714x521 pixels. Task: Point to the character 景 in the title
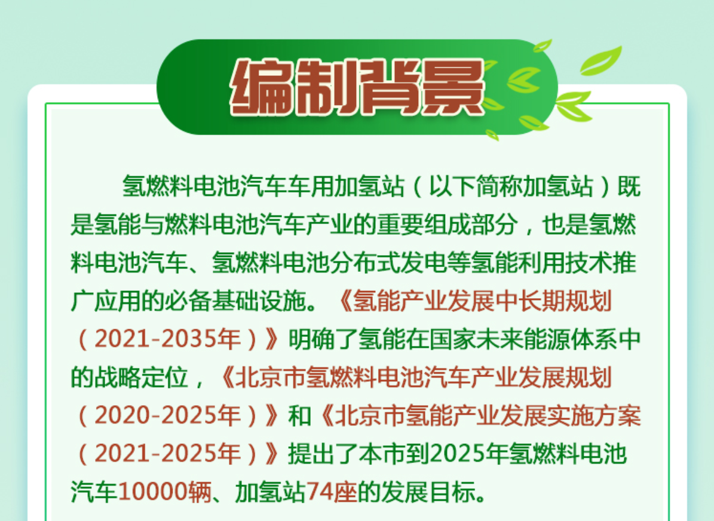pos(452,87)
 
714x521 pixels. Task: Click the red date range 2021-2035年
pos(167,339)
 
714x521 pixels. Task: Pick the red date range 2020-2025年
pos(167,416)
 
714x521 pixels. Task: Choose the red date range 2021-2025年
pos(167,454)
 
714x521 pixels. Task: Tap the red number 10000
pos(152,492)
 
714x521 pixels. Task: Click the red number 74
pos(320,492)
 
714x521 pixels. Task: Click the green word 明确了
pos(323,339)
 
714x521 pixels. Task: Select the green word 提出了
pos(323,454)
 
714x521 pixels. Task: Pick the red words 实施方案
pos(593,416)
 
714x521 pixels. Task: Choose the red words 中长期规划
pos(553,301)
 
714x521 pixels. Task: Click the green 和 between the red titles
pos(299,416)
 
